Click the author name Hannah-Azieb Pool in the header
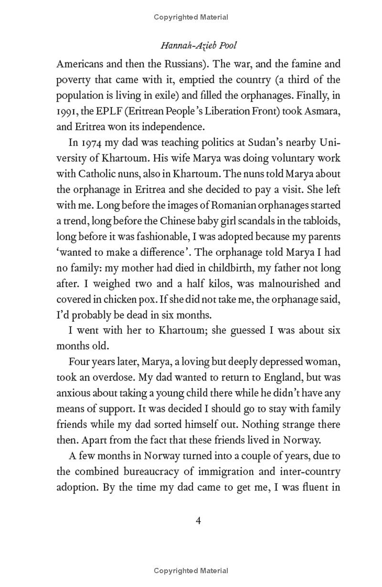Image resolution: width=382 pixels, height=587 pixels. click(x=199, y=45)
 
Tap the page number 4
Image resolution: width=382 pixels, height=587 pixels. click(x=199, y=520)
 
